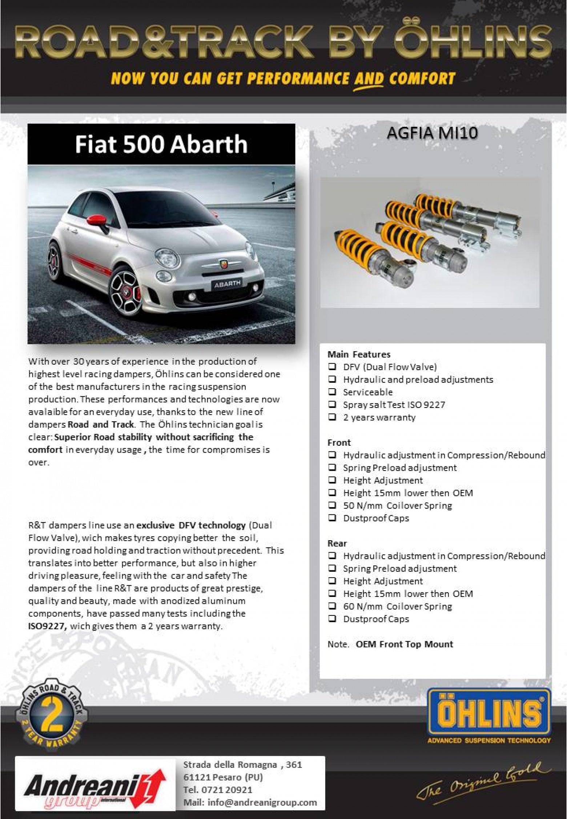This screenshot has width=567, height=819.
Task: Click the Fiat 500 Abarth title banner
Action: tap(161, 144)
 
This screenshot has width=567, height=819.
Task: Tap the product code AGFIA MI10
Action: tap(432, 133)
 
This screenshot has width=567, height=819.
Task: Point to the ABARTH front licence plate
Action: tap(227, 284)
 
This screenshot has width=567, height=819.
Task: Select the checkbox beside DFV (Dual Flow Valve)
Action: tap(332, 367)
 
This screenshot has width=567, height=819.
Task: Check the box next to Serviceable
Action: tap(332, 392)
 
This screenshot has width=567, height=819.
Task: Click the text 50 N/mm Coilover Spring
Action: tap(397, 505)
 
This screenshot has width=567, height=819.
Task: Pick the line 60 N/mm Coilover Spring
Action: tap(397, 606)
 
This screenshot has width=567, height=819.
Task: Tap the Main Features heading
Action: tap(359, 354)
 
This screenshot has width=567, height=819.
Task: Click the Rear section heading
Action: tap(337, 543)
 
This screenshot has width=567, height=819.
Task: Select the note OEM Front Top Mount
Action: tap(404, 644)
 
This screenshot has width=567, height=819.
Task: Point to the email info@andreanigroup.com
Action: tap(250, 802)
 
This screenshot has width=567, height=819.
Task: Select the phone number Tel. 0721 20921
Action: tap(218, 790)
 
